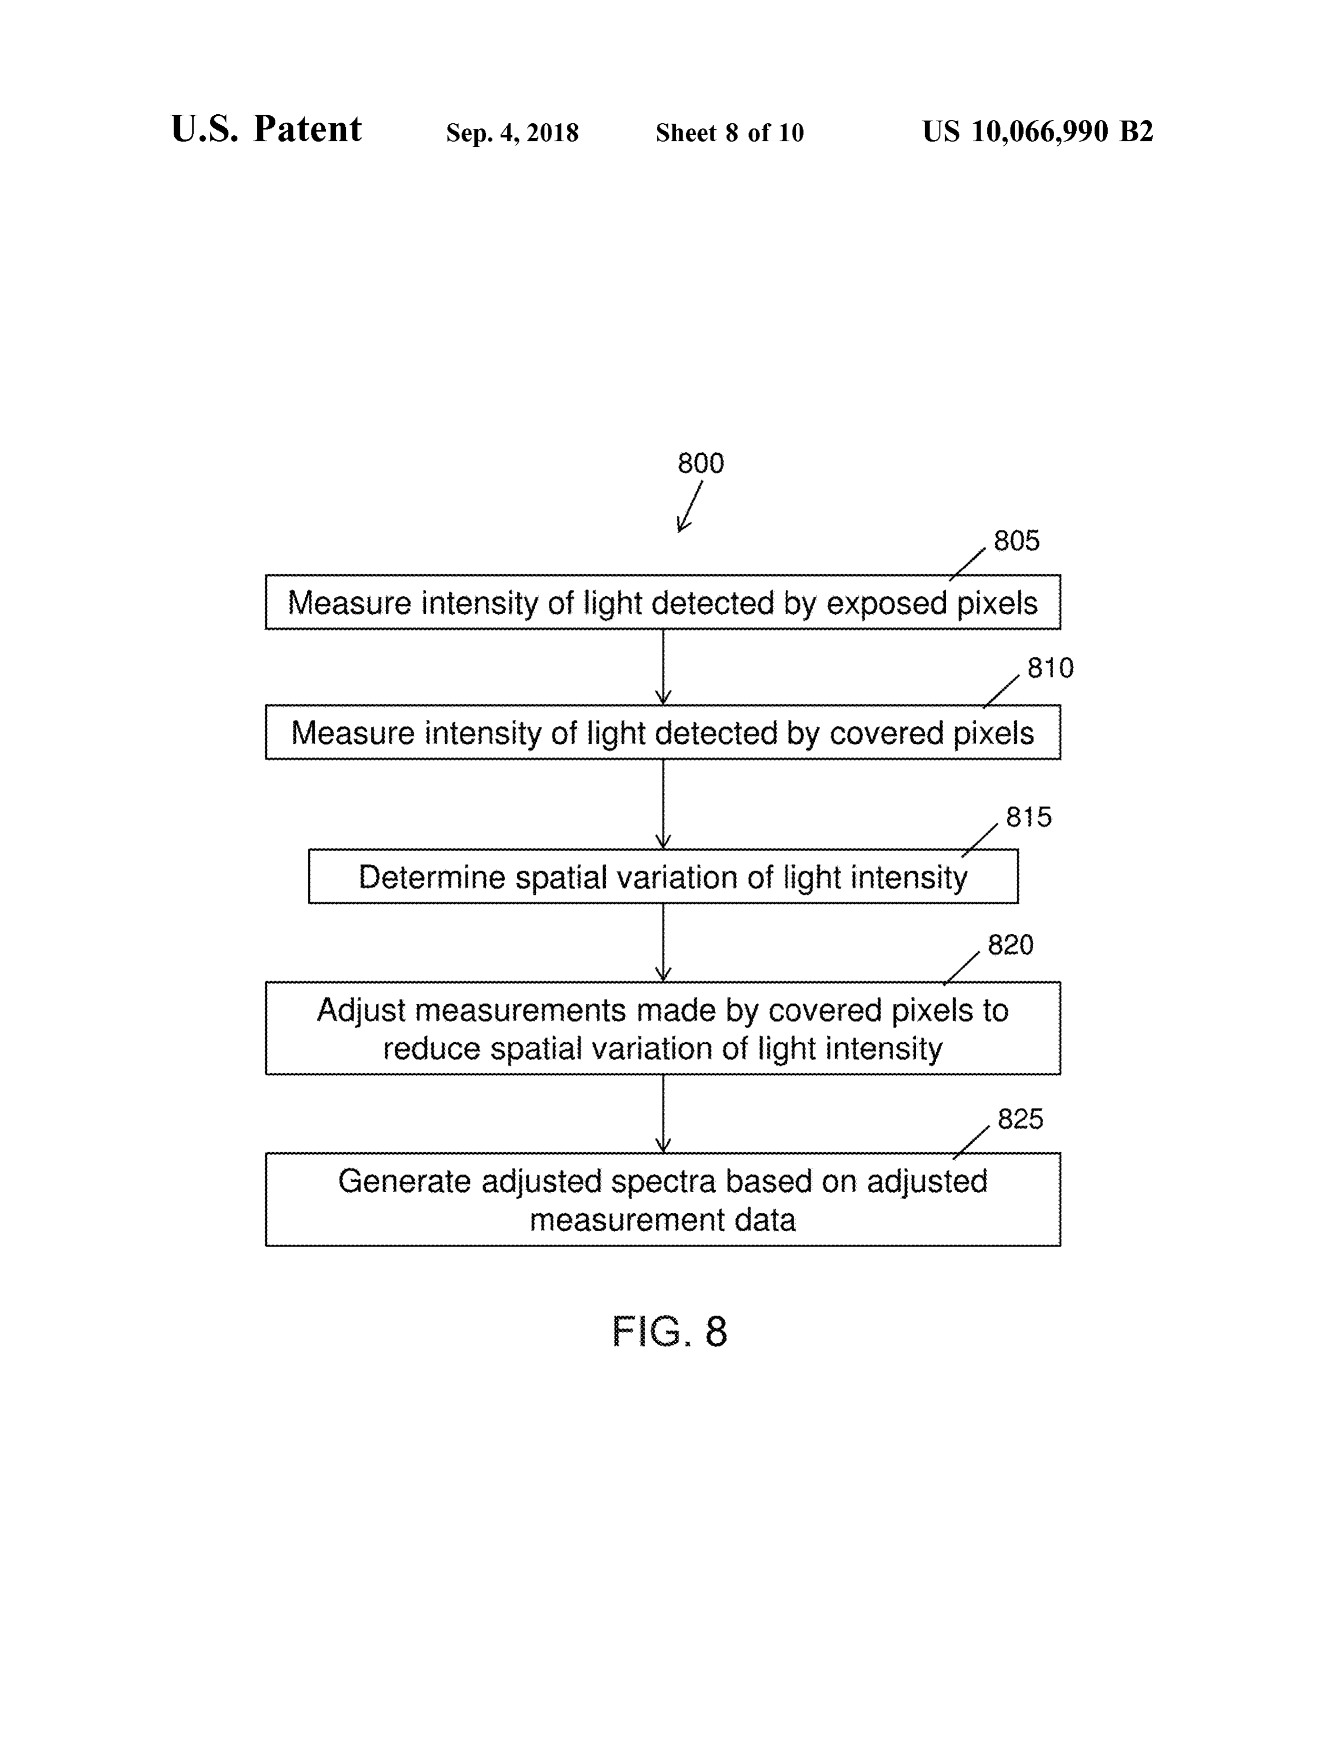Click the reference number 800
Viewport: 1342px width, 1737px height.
[x=700, y=463]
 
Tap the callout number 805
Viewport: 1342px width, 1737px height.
[x=1016, y=540]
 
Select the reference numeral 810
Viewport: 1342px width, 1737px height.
[x=1050, y=667]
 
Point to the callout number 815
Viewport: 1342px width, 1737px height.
[x=1029, y=817]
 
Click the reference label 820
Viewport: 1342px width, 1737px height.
[x=1010, y=945]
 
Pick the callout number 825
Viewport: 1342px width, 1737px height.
[x=1020, y=1119]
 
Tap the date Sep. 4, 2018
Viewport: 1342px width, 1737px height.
[x=512, y=133]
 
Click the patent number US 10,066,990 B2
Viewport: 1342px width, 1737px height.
[x=1037, y=131]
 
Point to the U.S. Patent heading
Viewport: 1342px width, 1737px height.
[x=266, y=129]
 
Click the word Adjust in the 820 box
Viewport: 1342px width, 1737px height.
[x=362, y=1011]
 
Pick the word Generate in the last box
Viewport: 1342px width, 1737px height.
[x=405, y=1181]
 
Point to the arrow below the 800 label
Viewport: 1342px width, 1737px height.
[x=689, y=506]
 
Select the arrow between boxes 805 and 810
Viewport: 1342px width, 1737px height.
[x=663, y=666]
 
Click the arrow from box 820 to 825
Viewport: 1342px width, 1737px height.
[x=663, y=1113]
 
